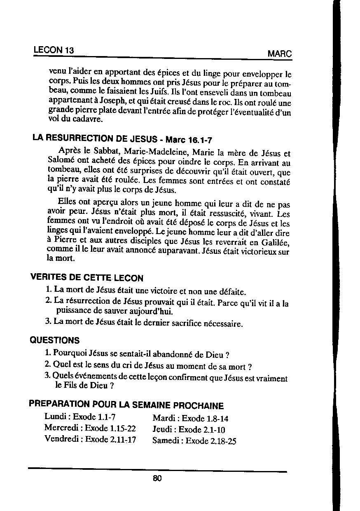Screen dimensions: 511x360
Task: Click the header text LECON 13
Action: pyautogui.click(x=54, y=50)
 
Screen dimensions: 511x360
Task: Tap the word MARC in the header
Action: pyautogui.click(x=279, y=54)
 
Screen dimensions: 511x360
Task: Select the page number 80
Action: pyautogui.click(x=157, y=478)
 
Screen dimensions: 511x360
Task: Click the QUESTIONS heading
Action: pyautogui.click(x=55, y=340)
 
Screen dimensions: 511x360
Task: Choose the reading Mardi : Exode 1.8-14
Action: pyautogui.click(x=190, y=419)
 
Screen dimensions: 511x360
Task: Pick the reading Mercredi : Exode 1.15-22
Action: pyautogui.click(x=90, y=428)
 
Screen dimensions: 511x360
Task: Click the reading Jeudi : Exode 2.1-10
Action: pyautogui.click(x=189, y=430)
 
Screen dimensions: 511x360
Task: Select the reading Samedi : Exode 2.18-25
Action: pyautogui.click(x=194, y=441)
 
